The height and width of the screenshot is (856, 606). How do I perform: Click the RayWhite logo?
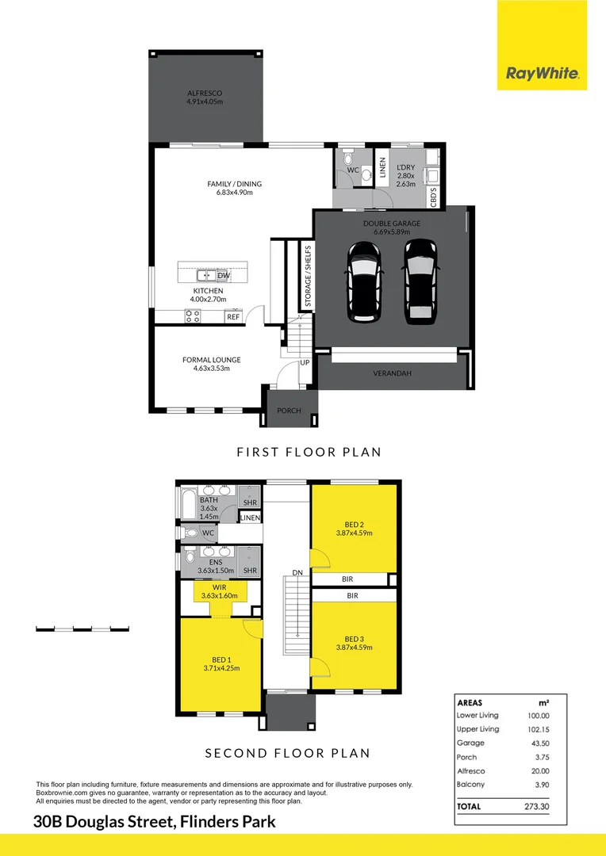coord(543,75)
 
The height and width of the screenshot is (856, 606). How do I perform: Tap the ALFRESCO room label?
coord(205,94)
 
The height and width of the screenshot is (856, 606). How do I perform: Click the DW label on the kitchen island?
coord(224,275)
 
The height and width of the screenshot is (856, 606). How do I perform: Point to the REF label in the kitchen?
coord(233,317)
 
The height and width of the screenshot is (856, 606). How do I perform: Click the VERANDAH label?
coord(392,373)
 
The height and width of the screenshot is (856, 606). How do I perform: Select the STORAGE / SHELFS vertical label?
coord(308,277)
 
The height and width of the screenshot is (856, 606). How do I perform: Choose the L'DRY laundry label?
coord(407,168)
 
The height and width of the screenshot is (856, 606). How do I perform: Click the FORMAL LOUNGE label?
coord(211,360)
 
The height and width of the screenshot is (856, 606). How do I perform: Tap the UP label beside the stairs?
coord(305,362)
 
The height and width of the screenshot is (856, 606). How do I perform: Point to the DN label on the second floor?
coord(297,571)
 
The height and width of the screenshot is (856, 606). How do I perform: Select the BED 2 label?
coord(354,524)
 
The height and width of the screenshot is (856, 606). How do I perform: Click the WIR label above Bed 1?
coord(210,587)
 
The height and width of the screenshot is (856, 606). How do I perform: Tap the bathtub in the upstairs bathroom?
coord(187,504)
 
